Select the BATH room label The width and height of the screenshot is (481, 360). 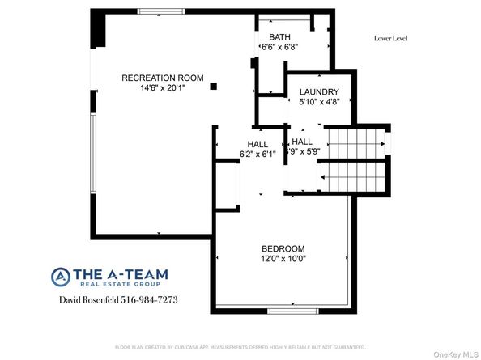click(x=279, y=37)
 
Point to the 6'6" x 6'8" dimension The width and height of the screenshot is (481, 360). click(x=279, y=47)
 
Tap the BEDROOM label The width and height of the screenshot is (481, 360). click(x=283, y=248)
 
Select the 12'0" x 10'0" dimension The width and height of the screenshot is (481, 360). click(x=283, y=259)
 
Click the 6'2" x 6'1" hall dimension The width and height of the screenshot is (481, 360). click(x=258, y=153)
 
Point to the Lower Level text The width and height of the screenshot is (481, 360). click(x=391, y=38)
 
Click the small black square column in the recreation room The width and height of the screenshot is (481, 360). click(x=213, y=86)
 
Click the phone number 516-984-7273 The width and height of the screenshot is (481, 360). click(x=150, y=300)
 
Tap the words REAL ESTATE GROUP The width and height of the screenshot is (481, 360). click(x=120, y=284)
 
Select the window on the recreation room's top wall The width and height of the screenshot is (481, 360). click(x=160, y=11)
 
